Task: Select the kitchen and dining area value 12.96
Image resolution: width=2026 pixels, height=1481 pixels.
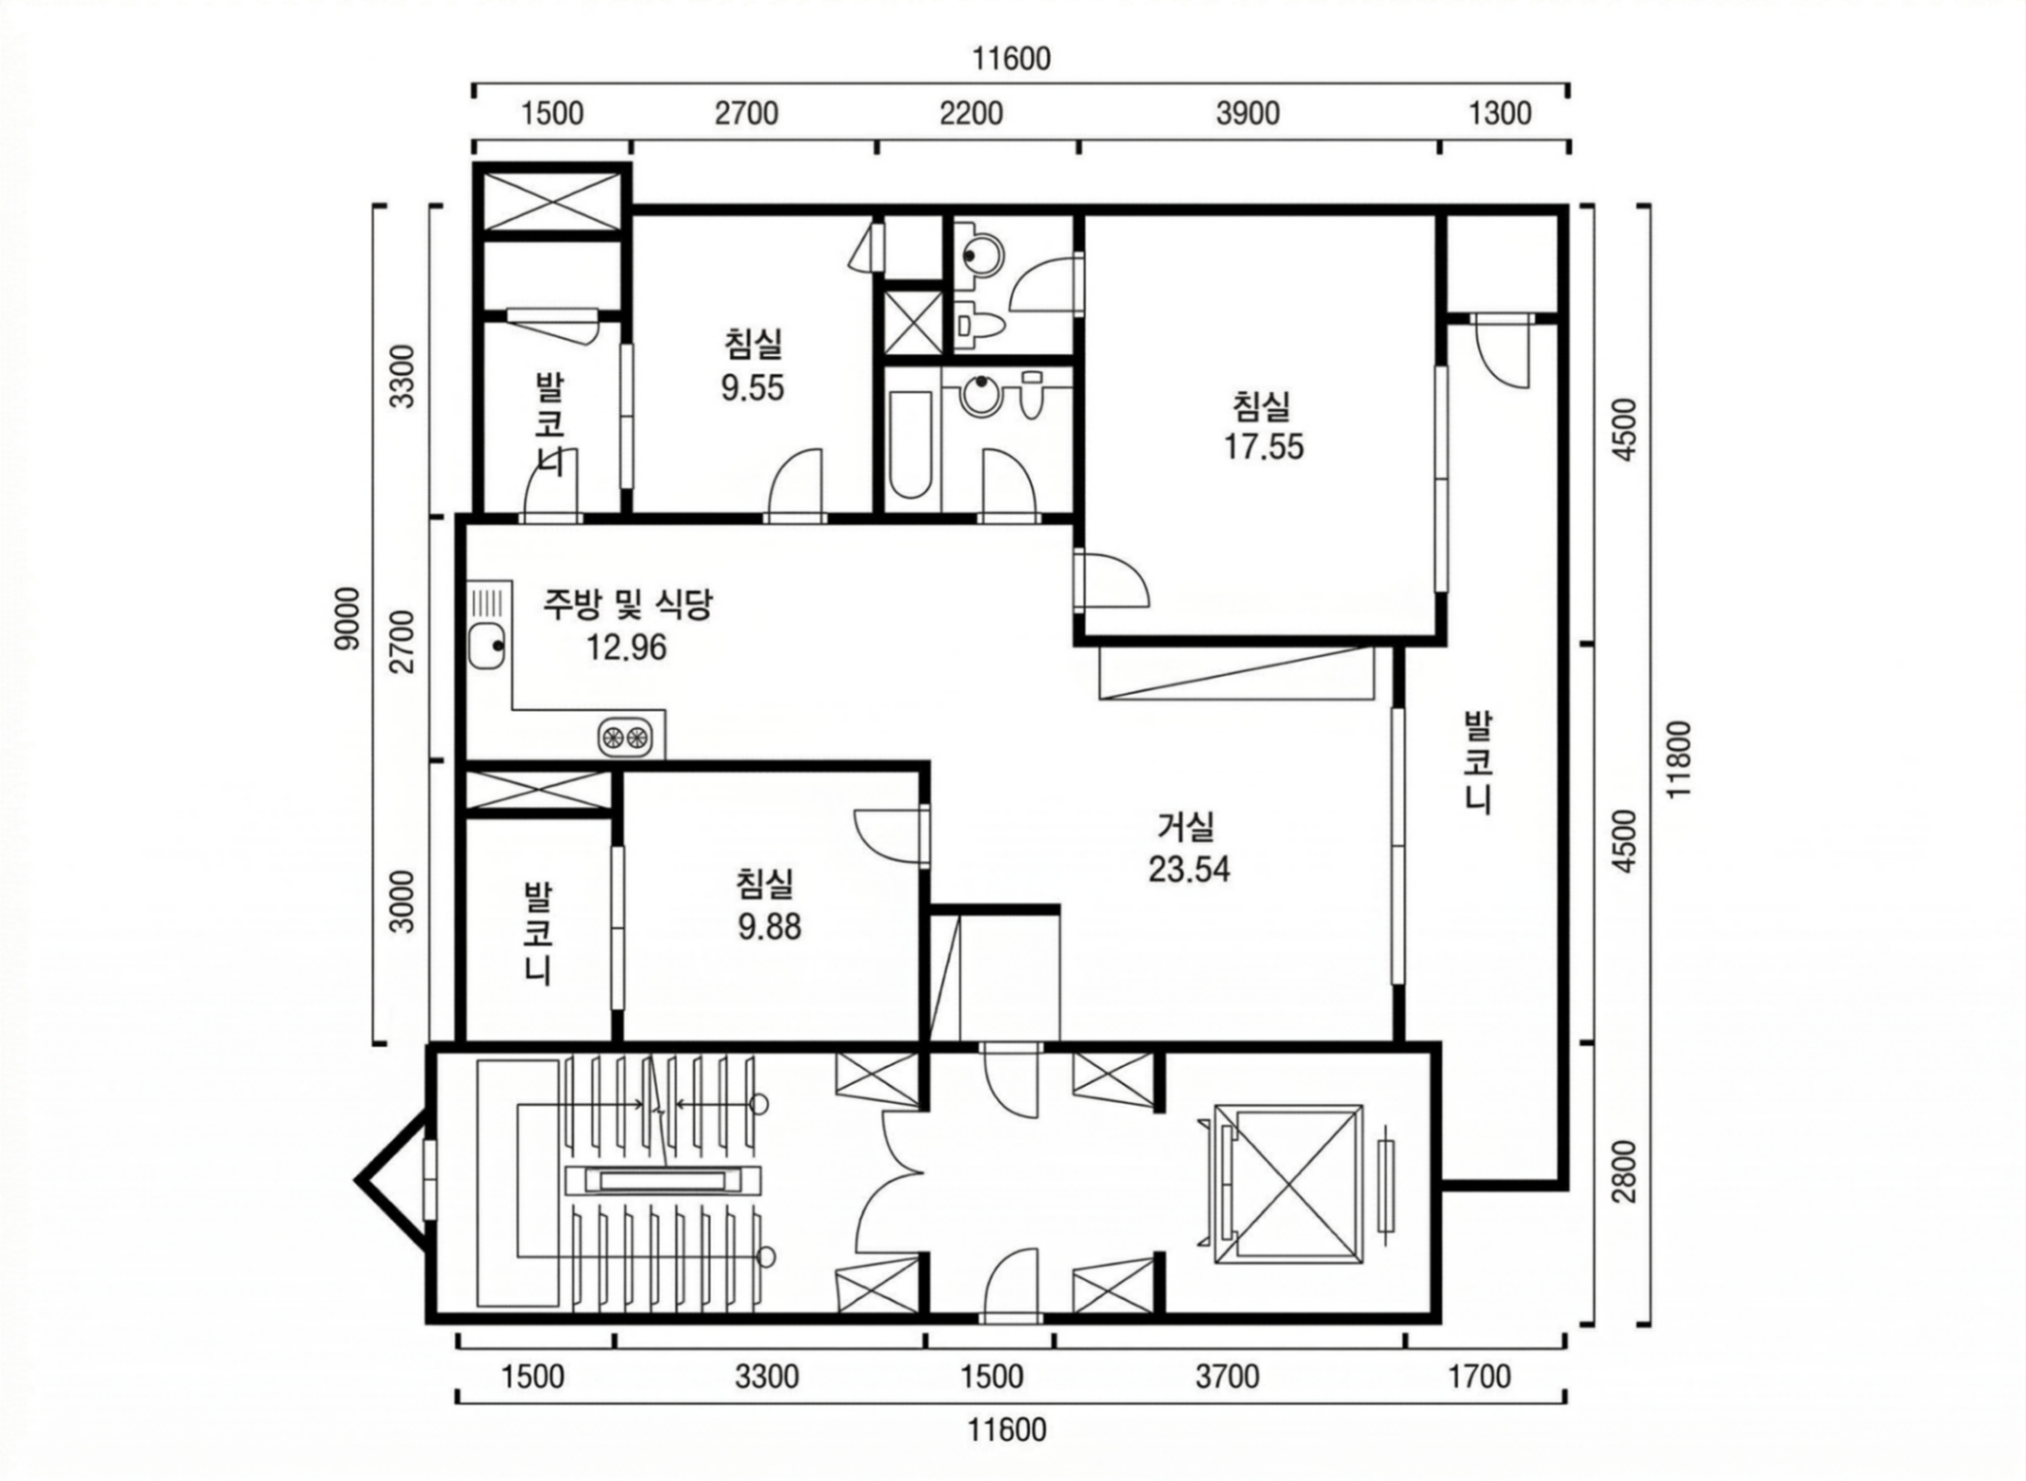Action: tap(627, 647)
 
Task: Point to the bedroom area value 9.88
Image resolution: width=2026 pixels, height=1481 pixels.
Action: tap(769, 926)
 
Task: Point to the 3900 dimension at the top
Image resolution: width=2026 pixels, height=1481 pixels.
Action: tap(1248, 114)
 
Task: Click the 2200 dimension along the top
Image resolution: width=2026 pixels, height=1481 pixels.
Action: tap(971, 114)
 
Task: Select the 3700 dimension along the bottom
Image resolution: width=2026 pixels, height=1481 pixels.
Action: tap(1227, 1376)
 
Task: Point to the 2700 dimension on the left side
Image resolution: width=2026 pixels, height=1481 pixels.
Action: tap(405, 640)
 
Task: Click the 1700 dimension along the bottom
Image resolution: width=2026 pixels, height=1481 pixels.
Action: tap(1480, 1376)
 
